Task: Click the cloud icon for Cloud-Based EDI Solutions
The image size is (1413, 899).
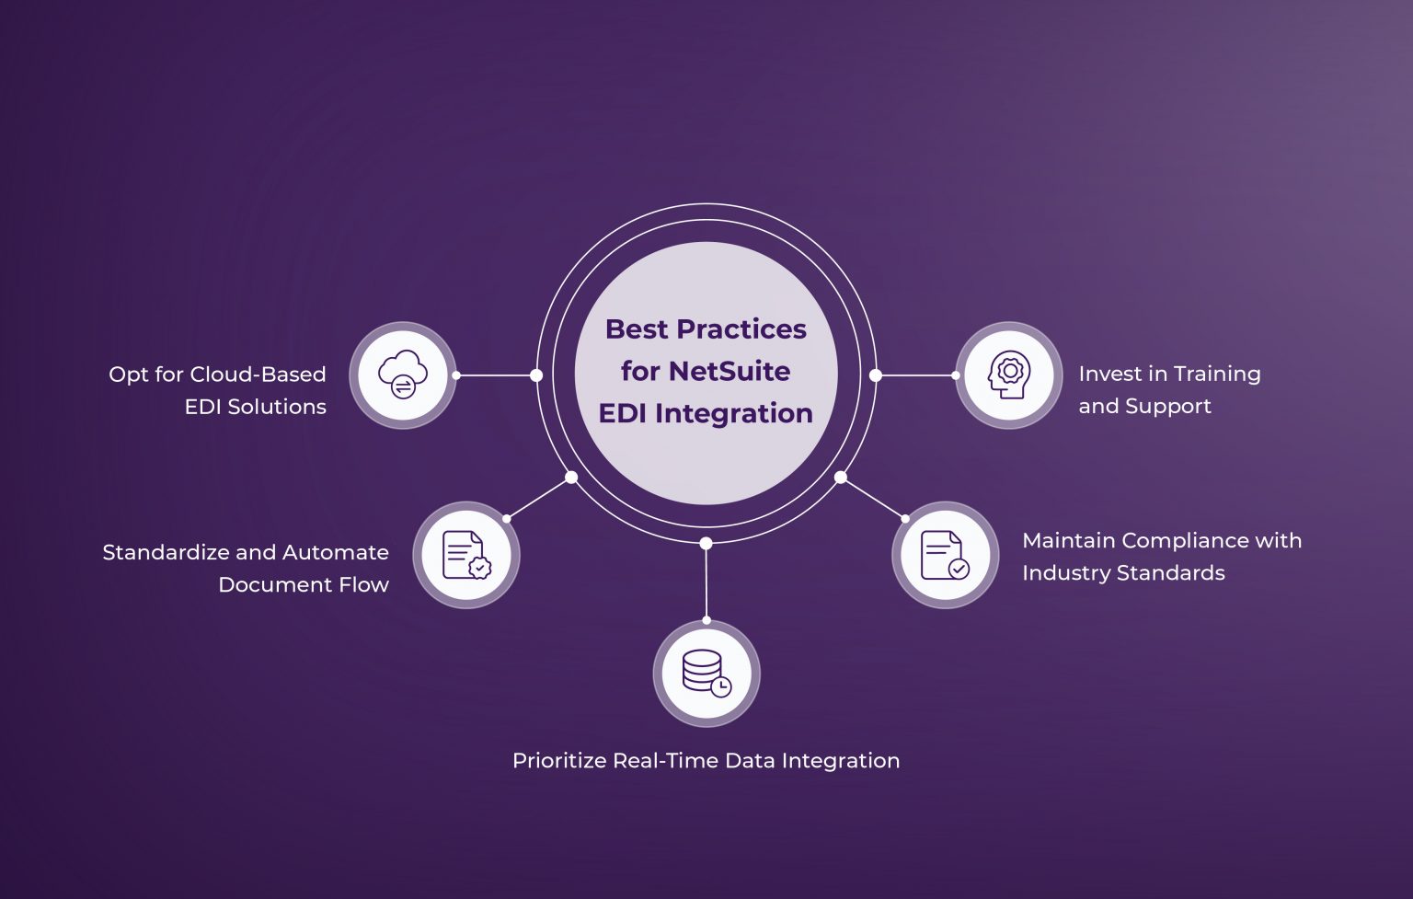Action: [403, 375]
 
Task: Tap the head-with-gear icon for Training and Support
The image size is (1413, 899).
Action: [1009, 375]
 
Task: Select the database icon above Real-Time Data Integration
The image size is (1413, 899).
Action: [706, 674]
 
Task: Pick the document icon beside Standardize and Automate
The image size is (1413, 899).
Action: [466, 555]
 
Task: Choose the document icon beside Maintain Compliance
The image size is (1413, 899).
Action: [945, 555]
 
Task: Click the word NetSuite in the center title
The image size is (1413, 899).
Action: [729, 371]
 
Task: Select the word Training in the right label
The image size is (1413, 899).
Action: [1216, 374]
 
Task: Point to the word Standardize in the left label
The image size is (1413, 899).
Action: [166, 552]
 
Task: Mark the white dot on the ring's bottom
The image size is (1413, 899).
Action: [706, 544]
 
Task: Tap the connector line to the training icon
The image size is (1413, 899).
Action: [915, 375]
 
